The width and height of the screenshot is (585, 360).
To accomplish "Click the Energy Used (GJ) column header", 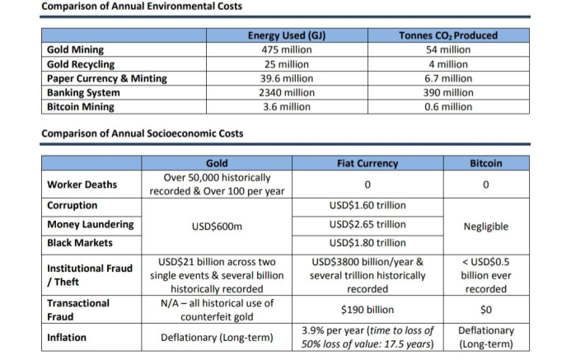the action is click(287, 35).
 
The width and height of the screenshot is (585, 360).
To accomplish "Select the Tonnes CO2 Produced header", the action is click(448, 35).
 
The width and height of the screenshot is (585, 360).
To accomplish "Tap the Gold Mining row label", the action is click(75, 49).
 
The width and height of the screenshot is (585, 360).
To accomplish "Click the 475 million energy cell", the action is click(287, 49).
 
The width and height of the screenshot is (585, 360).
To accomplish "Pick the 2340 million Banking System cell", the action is click(287, 92).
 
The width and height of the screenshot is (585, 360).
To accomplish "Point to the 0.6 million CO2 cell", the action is click(448, 107).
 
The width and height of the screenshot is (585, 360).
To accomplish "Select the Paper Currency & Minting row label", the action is click(107, 78).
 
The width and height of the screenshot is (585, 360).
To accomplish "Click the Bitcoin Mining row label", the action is click(81, 107).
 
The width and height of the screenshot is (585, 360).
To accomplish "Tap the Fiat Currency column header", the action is click(367, 163).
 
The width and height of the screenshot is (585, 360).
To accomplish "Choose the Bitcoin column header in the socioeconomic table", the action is click(486, 163).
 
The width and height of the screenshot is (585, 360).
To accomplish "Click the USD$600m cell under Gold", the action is click(217, 227).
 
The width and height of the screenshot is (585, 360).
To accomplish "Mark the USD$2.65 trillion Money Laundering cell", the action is click(367, 224).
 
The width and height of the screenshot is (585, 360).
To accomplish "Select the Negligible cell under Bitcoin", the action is click(486, 227).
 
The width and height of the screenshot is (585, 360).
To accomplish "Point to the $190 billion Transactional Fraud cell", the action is click(367, 310).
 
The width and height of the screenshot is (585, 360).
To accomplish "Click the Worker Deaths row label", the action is click(82, 185).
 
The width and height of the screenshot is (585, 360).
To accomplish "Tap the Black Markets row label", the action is click(80, 243).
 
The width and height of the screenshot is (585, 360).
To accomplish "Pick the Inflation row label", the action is click(67, 337).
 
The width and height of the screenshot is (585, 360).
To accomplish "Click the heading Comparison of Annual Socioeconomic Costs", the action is click(143, 133).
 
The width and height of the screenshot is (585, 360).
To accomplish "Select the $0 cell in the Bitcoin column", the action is click(486, 310).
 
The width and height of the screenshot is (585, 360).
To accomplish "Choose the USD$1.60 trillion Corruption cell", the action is click(367, 205).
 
